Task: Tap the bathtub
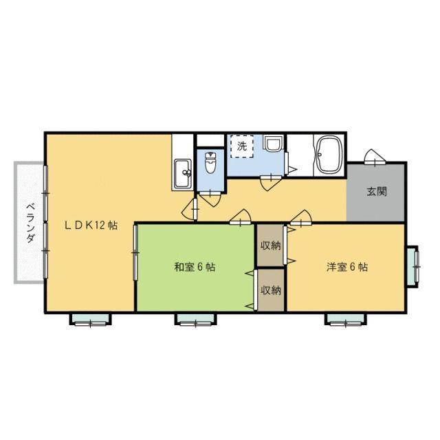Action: click(329, 155)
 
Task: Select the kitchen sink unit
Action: click(183, 174)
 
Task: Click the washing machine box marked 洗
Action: click(242, 146)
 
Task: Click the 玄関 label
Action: click(377, 191)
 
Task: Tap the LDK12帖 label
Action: click(91, 225)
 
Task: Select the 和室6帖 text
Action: click(195, 267)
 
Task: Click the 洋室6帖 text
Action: click(346, 267)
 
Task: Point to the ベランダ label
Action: click(30, 223)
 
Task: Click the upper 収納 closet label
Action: click(270, 246)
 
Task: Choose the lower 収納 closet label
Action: click(270, 290)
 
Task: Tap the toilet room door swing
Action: click(210, 199)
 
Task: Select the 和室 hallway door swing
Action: click(240, 217)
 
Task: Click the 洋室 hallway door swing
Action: click(301, 217)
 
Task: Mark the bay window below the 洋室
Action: click(346, 319)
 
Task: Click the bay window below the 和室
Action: click(195, 319)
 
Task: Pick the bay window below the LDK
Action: click(90, 319)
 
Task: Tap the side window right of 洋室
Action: click(412, 267)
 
